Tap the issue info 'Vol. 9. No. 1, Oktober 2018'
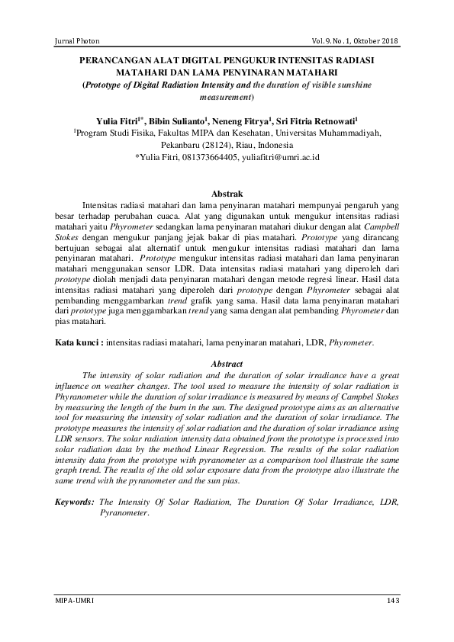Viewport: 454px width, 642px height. coord(355,40)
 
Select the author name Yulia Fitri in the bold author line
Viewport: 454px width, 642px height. coord(117,120)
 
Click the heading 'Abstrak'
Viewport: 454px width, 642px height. coord(227,194)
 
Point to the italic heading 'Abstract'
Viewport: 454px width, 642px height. coord(226,364)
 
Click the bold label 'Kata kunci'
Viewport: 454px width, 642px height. coord(78,344)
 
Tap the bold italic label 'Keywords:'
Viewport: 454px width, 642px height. coord(76,503)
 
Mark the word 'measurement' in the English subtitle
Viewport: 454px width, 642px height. coord(224,97)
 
